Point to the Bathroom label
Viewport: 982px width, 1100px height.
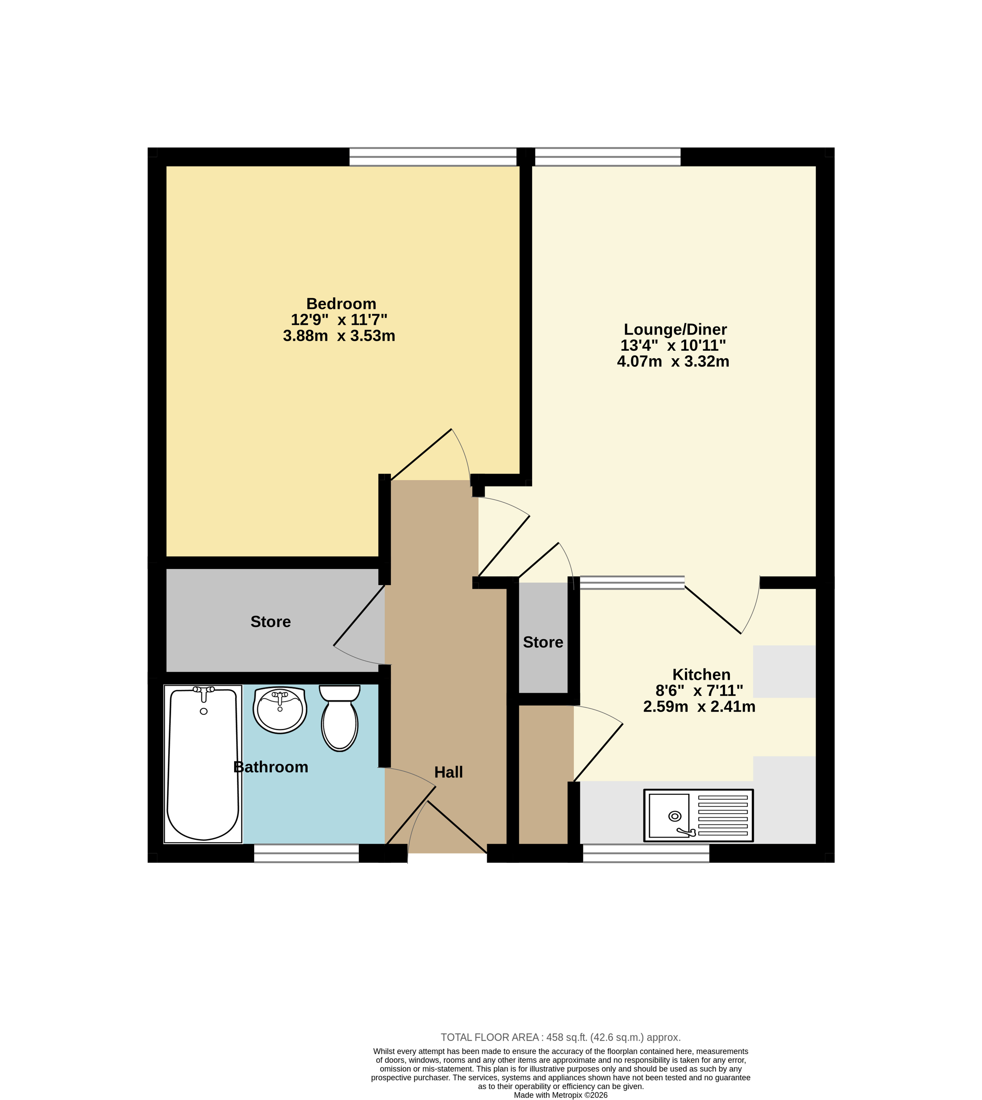(x=271, y=767)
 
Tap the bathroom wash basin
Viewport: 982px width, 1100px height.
(x=280, y=710)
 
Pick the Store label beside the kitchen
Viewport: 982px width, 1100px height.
(x=543, y=642)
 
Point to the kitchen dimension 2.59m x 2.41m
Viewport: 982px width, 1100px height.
(x=699, y=706)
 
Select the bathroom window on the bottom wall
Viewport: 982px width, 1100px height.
(x=306, y=853)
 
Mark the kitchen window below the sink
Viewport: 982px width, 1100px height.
(x=646, y=853)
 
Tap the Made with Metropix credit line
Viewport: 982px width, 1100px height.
(x=561, y=1095)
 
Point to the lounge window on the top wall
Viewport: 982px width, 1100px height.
(x=607, y=156)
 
